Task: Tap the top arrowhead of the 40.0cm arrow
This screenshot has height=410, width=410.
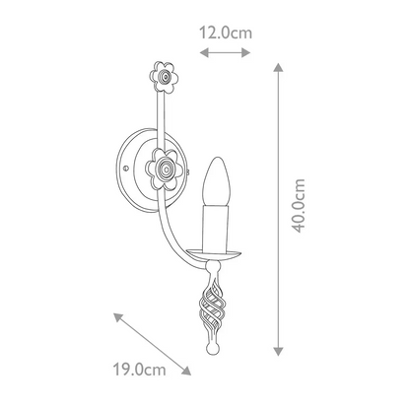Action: coord(280,66)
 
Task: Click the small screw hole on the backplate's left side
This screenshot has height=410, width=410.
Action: coord(125,169)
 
